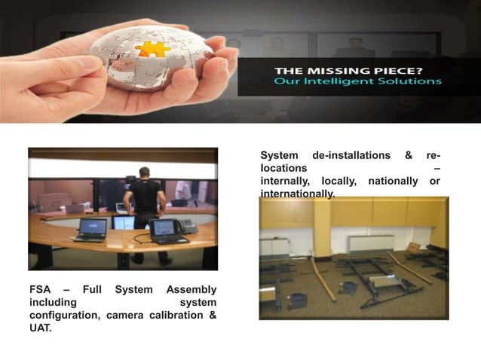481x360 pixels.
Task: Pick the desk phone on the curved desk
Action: point(185,225)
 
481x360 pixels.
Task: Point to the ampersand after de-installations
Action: point(409,155)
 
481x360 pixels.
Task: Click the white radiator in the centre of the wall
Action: point(370,243)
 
